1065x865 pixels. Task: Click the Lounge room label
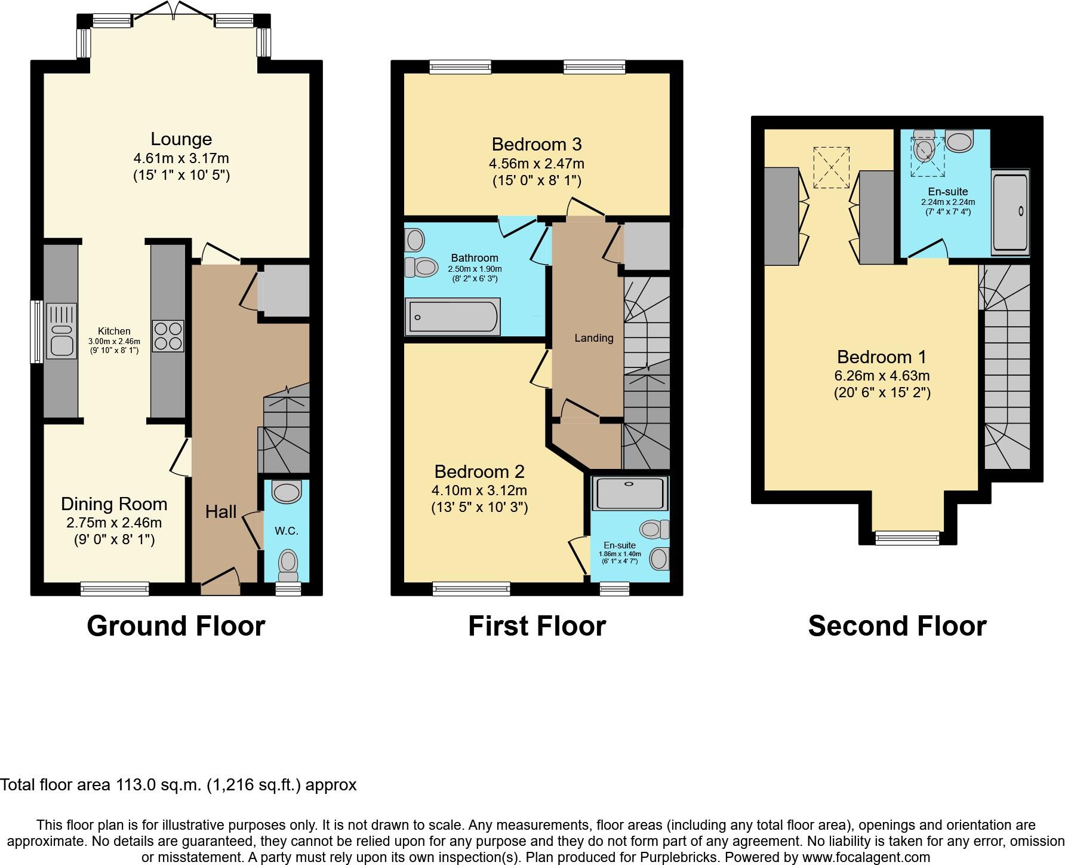[181, 139]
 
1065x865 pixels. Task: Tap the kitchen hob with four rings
[168, 336]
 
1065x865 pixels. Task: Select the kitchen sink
[61, 339]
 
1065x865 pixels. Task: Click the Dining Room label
[114, 504]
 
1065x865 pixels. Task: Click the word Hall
[221, 511]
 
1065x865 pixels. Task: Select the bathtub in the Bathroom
[453, 317]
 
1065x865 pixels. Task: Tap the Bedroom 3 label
[536, 144]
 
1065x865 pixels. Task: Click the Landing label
[593, 338]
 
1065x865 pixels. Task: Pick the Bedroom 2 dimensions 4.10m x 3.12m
[479, 490]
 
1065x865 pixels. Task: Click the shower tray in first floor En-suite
[630, 493]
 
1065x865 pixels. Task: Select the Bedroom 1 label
[881, 357]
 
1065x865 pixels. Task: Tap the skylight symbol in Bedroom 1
[831, 168]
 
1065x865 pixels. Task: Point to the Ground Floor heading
[176, 626]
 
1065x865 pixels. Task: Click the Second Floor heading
[897, 626]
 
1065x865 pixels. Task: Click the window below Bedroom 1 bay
[907, 538]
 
